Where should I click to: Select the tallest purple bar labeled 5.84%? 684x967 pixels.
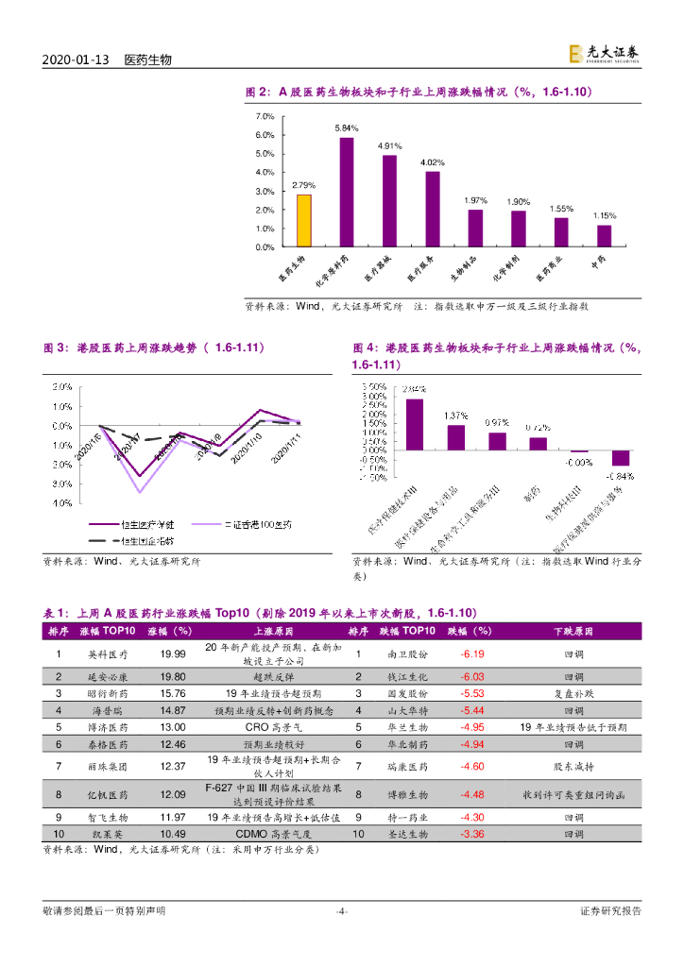tap(347, 192)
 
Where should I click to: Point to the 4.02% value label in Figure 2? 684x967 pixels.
tap(433, 161)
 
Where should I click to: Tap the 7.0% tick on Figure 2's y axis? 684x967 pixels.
tap(265, 115)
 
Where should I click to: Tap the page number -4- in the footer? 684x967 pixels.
tap(342, 911)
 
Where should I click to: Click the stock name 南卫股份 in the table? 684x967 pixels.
tap(407, 653)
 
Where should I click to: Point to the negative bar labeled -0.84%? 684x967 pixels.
tap(620, 457)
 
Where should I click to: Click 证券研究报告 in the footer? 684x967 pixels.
tap(609, 911)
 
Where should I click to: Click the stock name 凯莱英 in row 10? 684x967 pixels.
tap(107, 835)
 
